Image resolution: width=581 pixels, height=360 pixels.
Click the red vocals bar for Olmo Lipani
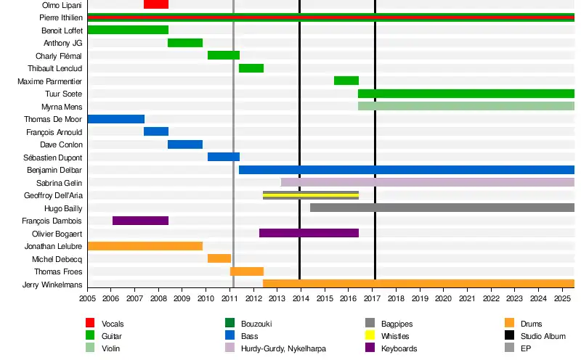[x=156, y=4]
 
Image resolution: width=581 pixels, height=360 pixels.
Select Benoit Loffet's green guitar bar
[x=128, y=30]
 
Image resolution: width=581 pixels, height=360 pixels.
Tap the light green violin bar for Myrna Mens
[x=466, y=106]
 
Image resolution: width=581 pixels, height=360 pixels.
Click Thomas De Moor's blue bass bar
[x=116, y=119]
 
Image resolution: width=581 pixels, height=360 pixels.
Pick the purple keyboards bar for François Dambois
[x=140, y=221]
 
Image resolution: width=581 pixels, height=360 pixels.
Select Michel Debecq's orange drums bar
[x=219, y=258]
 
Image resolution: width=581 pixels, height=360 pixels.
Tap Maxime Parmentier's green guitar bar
[x=346, y=81]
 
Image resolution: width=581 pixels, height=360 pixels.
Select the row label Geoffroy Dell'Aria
[x=53, y=195]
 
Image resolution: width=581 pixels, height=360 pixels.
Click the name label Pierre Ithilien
[x=60, y=17]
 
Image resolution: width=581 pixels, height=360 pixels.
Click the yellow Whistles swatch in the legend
[x=370, y=336]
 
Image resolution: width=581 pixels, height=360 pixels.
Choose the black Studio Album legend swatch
[x=509, y=336]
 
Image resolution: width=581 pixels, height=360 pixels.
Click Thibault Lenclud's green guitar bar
[x=251, y=68]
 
